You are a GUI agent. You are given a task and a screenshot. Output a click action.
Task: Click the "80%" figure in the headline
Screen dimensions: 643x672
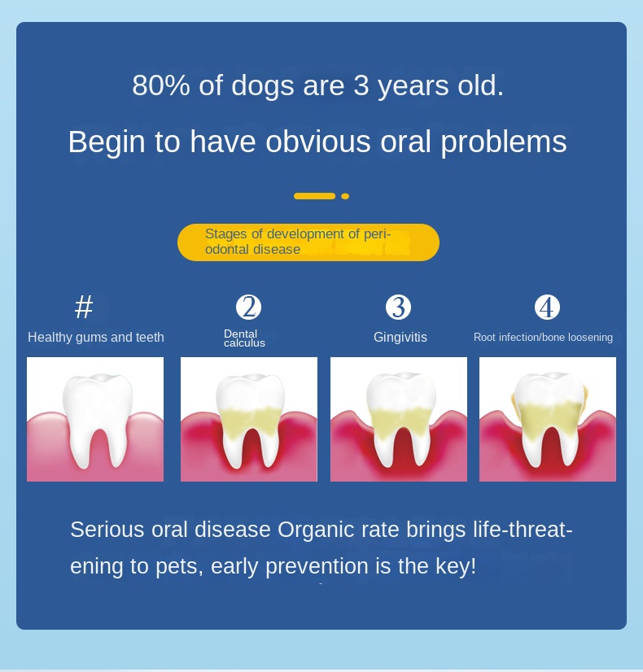coord(161,85)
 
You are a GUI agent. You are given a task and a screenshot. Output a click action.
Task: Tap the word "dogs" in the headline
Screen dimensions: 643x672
coord(262,87)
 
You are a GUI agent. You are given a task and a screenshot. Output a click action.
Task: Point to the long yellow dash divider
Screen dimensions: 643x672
coord(315,196)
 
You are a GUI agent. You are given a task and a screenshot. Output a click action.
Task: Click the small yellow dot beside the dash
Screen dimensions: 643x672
coord(345,196)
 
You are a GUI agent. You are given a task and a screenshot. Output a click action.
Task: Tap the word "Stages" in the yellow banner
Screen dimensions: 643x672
coord(226,234)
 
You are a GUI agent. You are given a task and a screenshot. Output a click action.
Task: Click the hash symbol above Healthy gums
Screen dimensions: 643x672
coord(84,307)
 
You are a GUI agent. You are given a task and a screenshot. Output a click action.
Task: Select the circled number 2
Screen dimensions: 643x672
coord(248,307)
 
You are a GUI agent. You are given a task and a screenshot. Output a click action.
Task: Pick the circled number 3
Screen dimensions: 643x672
coord(398,307)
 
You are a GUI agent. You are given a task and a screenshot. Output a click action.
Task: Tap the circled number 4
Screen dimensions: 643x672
coord(548,307)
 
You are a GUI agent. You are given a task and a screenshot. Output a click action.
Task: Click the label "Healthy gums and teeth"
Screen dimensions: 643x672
coord(96,338)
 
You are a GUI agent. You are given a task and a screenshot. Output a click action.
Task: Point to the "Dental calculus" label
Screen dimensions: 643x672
coord(244,338)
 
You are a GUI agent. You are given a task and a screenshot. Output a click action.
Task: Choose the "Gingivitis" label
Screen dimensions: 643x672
coord(400,338)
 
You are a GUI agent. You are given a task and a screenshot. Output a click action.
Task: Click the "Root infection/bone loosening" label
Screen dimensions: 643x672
coord(543,338)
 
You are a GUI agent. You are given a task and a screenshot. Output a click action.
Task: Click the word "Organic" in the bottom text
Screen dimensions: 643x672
coord(317,530)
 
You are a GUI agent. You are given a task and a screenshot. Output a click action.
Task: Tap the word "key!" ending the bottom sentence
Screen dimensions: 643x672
coord(456,565)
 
